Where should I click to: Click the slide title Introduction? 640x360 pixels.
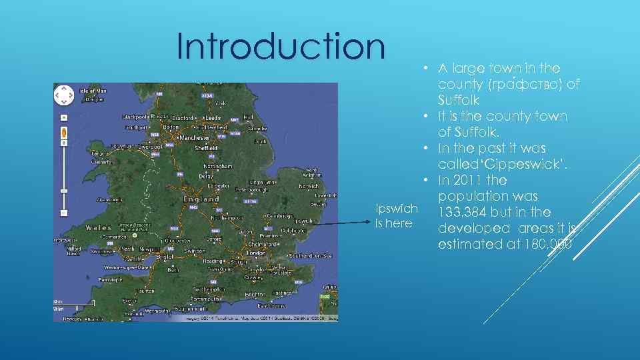click(x=281, y=47)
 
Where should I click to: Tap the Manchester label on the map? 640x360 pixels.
click(x=194, y=138)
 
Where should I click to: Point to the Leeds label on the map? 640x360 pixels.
click(x=213, y=117)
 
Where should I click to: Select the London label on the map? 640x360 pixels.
click(x=256, y=253)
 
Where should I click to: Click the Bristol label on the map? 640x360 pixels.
click(x=165, y=255)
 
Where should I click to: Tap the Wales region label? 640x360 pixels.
click(x=98, y=227)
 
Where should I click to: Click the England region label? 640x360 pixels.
click(x=201, y=199)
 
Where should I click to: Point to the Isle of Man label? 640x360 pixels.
click(x=93, y=91)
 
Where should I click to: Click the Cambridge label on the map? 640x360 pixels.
click(x=281, y=216)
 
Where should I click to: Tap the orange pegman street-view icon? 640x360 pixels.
click(x=64, y=132)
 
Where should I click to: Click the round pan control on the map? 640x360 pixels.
click(x=64, y=95)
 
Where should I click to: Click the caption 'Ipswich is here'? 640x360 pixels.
click(x=397, y=216)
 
